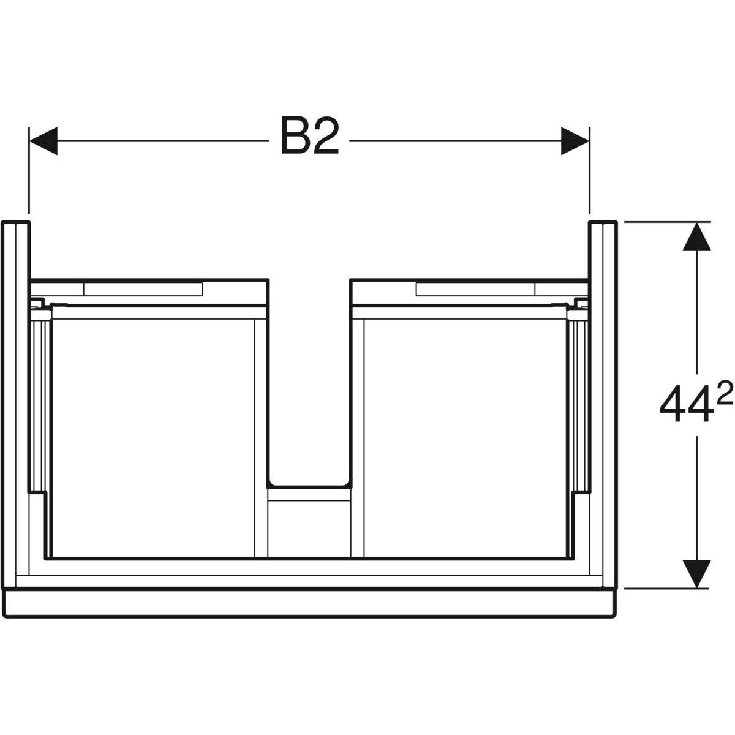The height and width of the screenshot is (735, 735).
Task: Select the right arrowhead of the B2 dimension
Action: tap(575, 141)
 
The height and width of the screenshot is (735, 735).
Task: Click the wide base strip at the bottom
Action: tap(309, 604)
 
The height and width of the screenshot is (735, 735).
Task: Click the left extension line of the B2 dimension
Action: tap(29, 171)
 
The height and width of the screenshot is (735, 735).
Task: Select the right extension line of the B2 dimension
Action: tap(589, 171)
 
